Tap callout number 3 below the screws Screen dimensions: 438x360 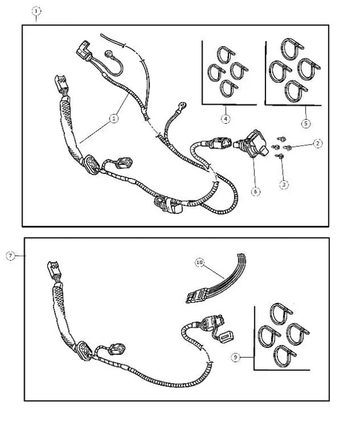(x=284, y=184)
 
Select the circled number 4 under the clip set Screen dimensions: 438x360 (x=225, y=119)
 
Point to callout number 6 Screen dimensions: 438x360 (x=256, y=191)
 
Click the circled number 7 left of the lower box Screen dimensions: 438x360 (x=10, y=256)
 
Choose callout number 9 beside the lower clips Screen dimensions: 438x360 (x=236, y=356)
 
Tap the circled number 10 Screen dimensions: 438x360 (x=200, y=262)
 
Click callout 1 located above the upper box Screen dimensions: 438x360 (x=37, y=11)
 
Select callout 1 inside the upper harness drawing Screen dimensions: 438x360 (x=115, y=119)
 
